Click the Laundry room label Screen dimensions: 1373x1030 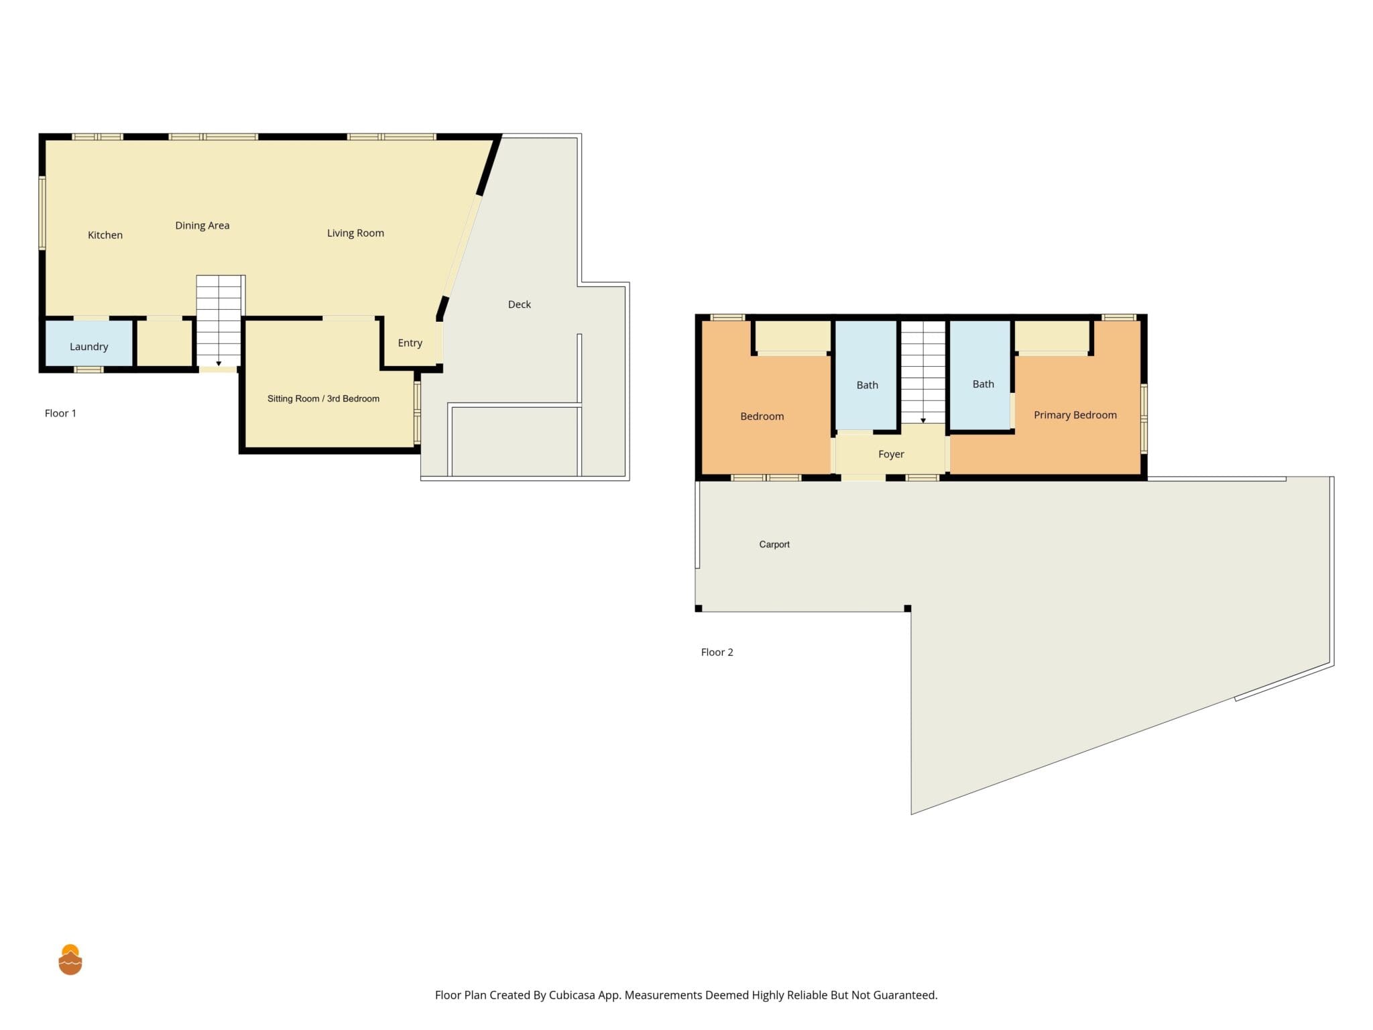(88, 347)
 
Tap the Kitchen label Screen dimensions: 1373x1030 (105, 235)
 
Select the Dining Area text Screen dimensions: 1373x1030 (202, 226)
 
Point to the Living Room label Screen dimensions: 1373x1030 (355, 233)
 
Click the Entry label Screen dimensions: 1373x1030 (410, 343)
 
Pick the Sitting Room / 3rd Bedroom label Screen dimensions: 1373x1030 (323, 398)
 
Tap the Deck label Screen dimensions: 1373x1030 (520, 304)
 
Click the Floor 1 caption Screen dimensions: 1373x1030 (60, 413)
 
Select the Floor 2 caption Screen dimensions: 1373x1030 (717, 652)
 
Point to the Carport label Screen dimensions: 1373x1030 (774, 545)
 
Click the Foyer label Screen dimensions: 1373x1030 (891, 455)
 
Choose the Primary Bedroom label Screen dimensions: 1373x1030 (1075, 415)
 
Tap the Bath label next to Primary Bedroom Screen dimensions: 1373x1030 (983, 384)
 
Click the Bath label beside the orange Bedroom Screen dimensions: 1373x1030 (867, 385)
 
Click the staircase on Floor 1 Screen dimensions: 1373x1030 (219, 321)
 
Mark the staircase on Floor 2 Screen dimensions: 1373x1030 (923, 372)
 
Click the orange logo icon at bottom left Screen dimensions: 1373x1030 (70, 960)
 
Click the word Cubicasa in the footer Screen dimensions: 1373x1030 (575, 995)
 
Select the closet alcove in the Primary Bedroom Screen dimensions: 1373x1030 (1052, 337)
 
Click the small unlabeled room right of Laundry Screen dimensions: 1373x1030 (165, 343)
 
